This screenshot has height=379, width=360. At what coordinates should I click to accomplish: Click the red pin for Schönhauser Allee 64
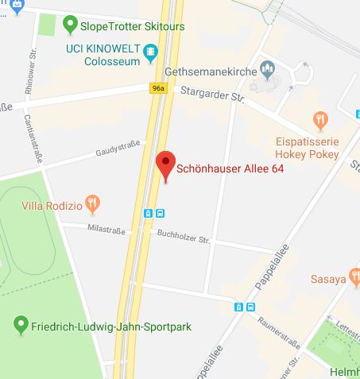pos(165,164)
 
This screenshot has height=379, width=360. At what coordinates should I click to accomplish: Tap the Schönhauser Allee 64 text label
pos(230,168)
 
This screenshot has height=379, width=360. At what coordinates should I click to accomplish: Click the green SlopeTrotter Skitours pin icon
pos(69,25)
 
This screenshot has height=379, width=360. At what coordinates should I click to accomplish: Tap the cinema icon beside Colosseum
pos(149,53)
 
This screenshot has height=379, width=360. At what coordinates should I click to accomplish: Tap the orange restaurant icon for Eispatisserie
pos(321,119)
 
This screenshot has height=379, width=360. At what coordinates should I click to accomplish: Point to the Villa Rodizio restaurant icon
pos(93,203)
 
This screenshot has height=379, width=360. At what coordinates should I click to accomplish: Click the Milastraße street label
pos(105,227)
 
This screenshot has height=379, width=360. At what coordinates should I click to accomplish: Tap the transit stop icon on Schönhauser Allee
pos(154,213)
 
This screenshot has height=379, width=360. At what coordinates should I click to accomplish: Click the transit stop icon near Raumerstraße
pos(245,306)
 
